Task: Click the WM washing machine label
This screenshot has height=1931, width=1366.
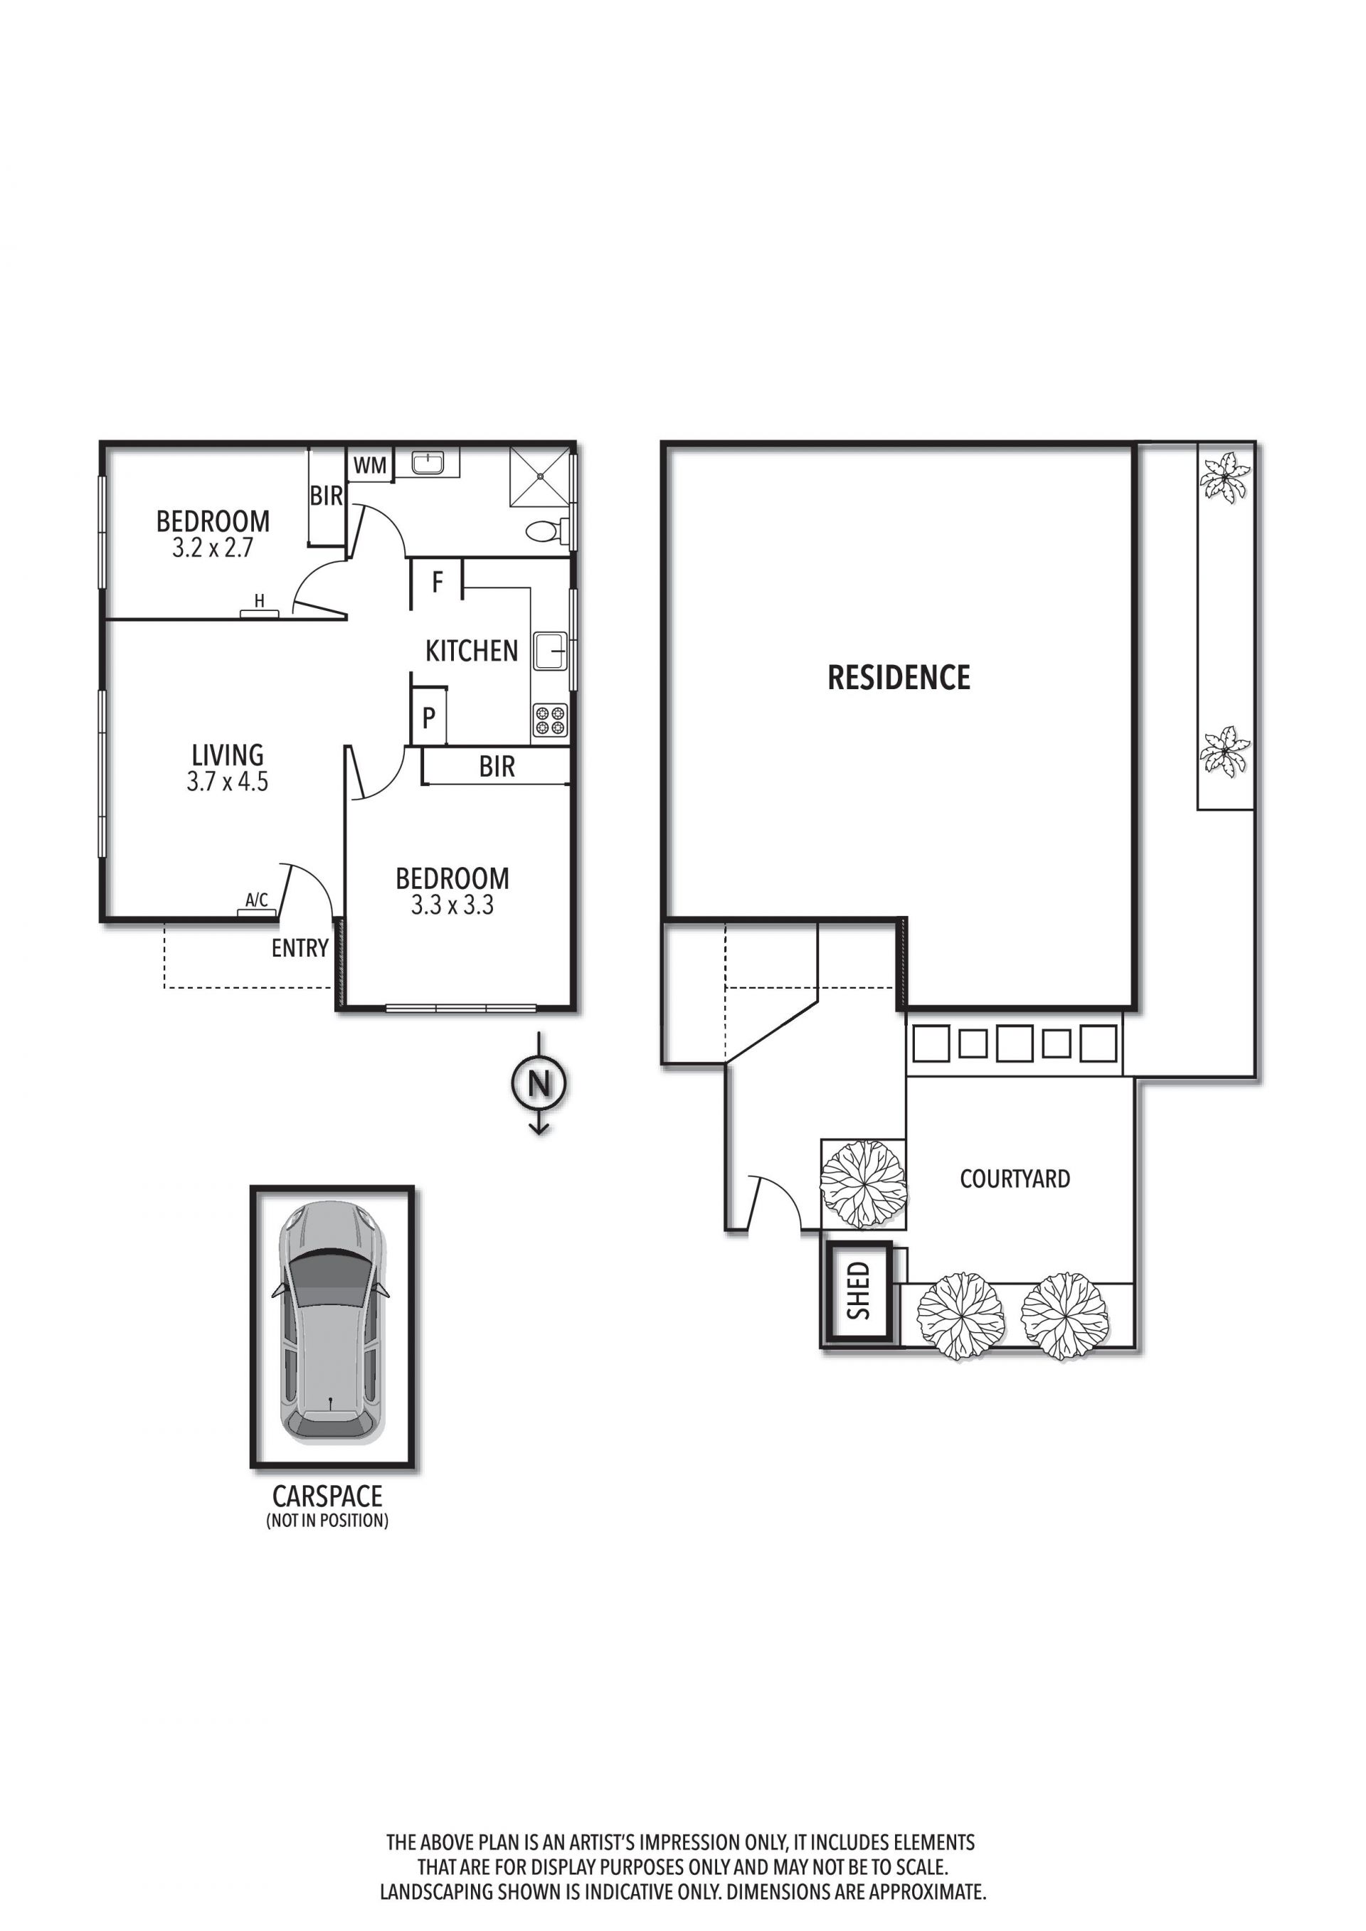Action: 370,465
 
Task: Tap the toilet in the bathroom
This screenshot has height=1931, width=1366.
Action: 546,531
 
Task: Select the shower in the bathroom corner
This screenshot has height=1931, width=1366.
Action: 540,476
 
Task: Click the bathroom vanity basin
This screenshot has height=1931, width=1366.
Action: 428,462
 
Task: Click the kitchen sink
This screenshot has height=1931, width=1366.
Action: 551,651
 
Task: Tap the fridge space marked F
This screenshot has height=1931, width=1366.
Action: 438,582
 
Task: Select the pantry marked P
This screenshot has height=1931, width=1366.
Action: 429,718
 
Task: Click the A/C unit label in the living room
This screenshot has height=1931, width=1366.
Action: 257,900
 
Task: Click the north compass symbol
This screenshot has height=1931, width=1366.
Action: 539,1082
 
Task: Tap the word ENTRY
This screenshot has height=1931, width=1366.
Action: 300,949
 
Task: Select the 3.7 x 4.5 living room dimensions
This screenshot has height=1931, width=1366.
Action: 227,782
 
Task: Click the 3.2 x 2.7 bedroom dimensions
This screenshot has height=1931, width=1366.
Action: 213,548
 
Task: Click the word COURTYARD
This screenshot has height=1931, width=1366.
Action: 1015,1179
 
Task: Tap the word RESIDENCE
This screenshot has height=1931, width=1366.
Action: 899,677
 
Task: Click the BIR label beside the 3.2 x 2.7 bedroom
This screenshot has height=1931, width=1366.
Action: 327,496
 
